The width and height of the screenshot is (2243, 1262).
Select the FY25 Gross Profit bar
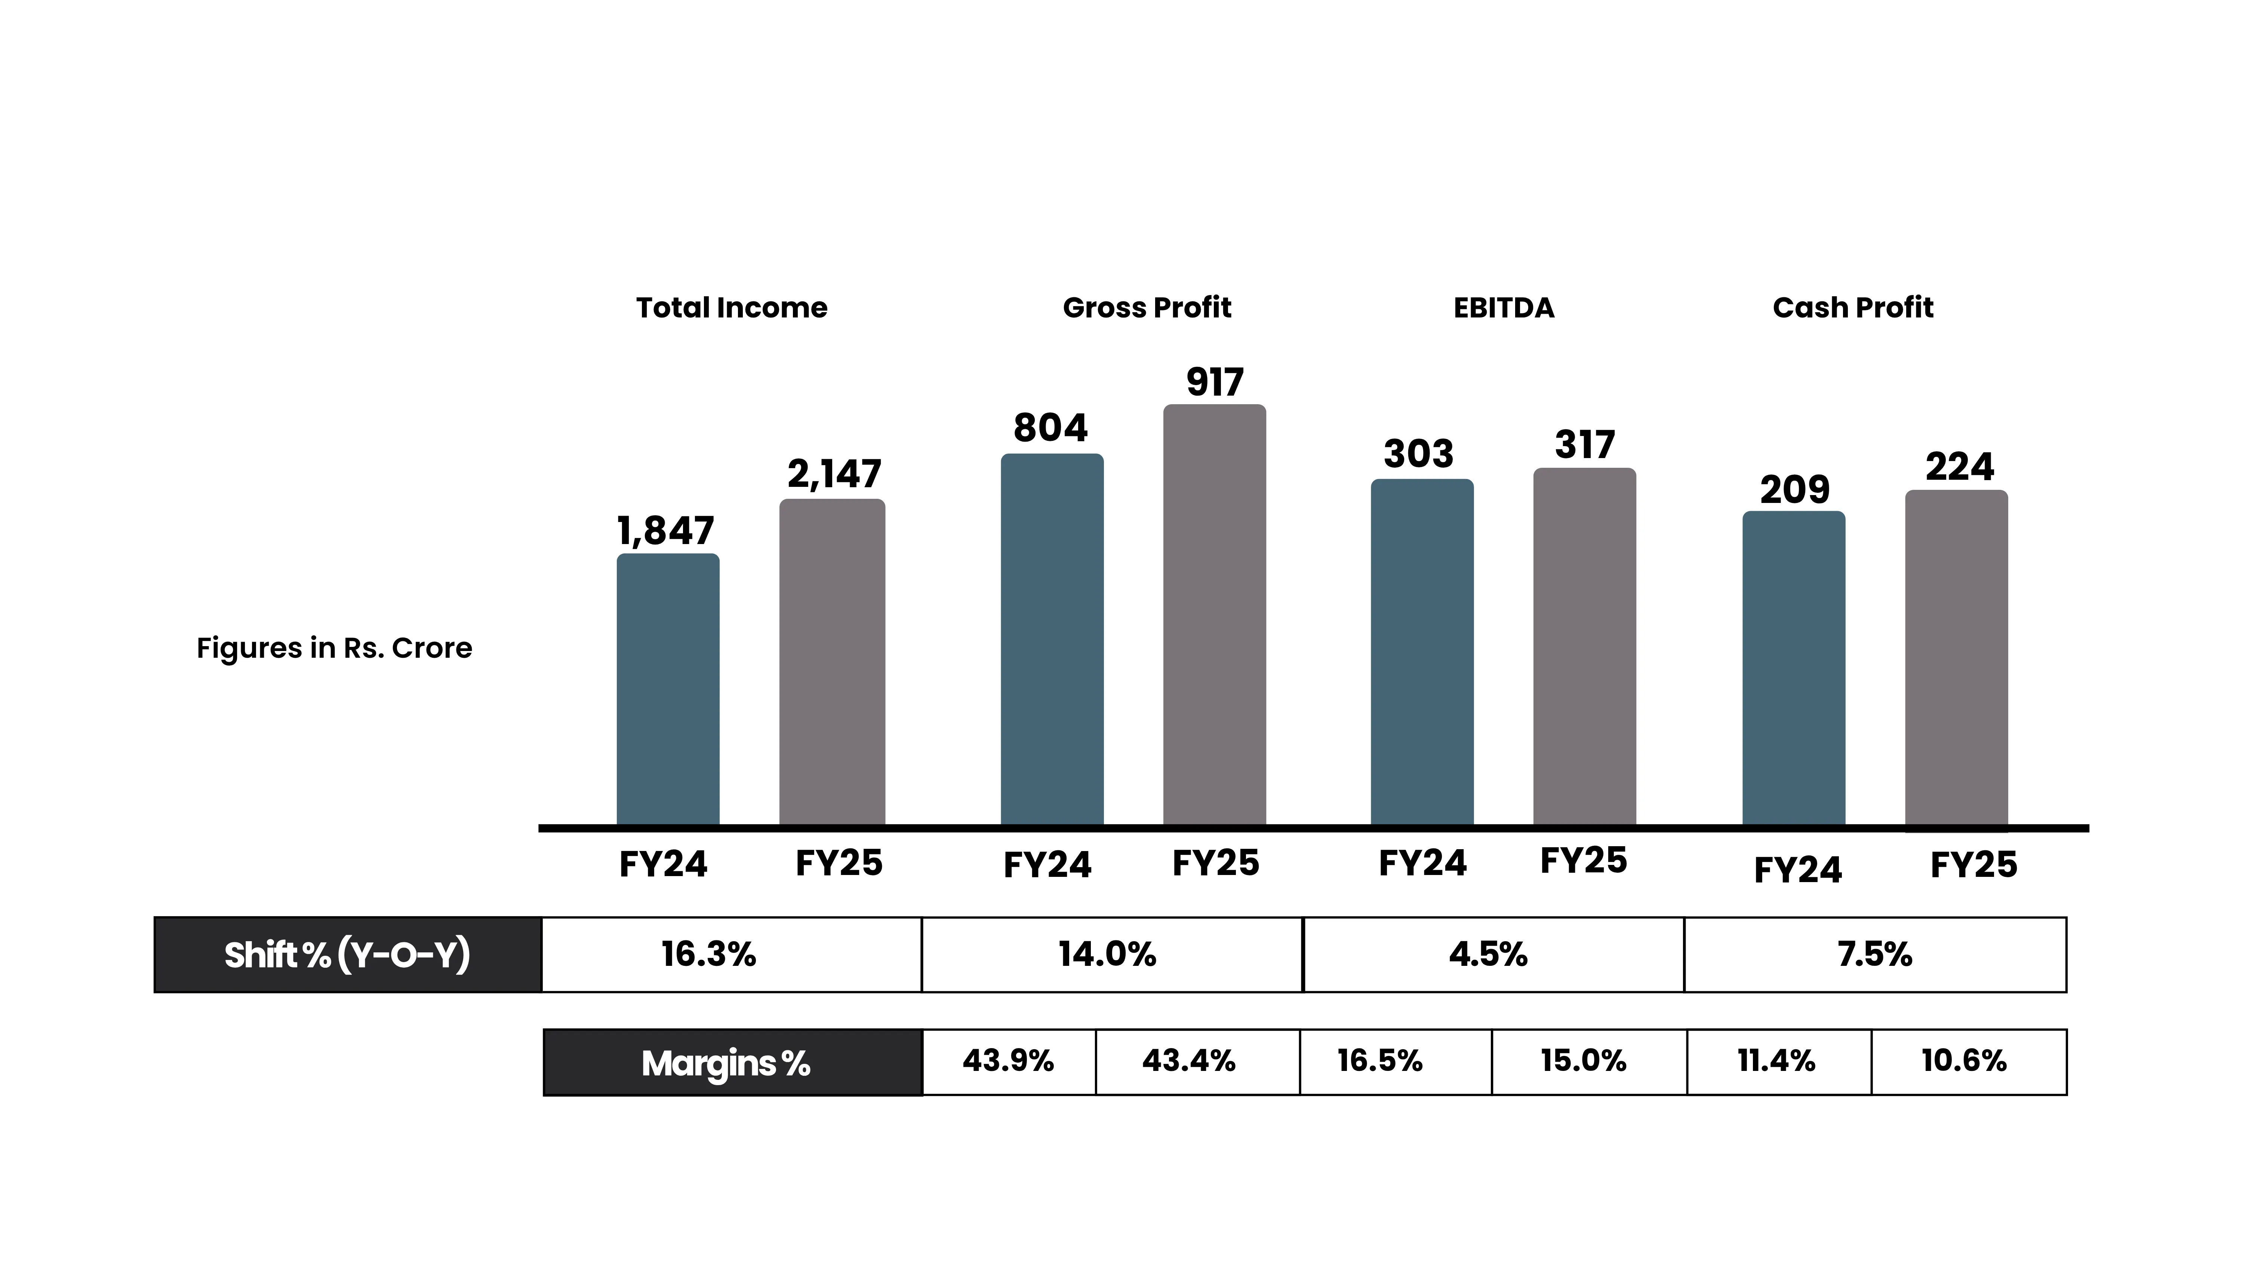click(x=1215, y=615)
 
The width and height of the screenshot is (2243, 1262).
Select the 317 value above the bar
click(x=1585, y=445)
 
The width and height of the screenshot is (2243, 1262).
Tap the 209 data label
click(x=1794, y=489)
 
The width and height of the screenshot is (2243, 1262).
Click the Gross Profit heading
click(x=1147, y=307)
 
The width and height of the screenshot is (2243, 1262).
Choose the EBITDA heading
click(x=1504, y=307)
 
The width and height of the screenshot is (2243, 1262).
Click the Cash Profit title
click(x=1853, y=307)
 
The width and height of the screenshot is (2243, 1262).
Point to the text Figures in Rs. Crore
click(x=334, y=648)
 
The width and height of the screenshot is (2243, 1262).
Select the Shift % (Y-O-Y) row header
click(x=347, y=955)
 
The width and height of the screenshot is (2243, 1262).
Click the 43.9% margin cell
click(x=1008, y=1061)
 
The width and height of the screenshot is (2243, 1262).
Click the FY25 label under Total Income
click(x=839, y=863)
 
